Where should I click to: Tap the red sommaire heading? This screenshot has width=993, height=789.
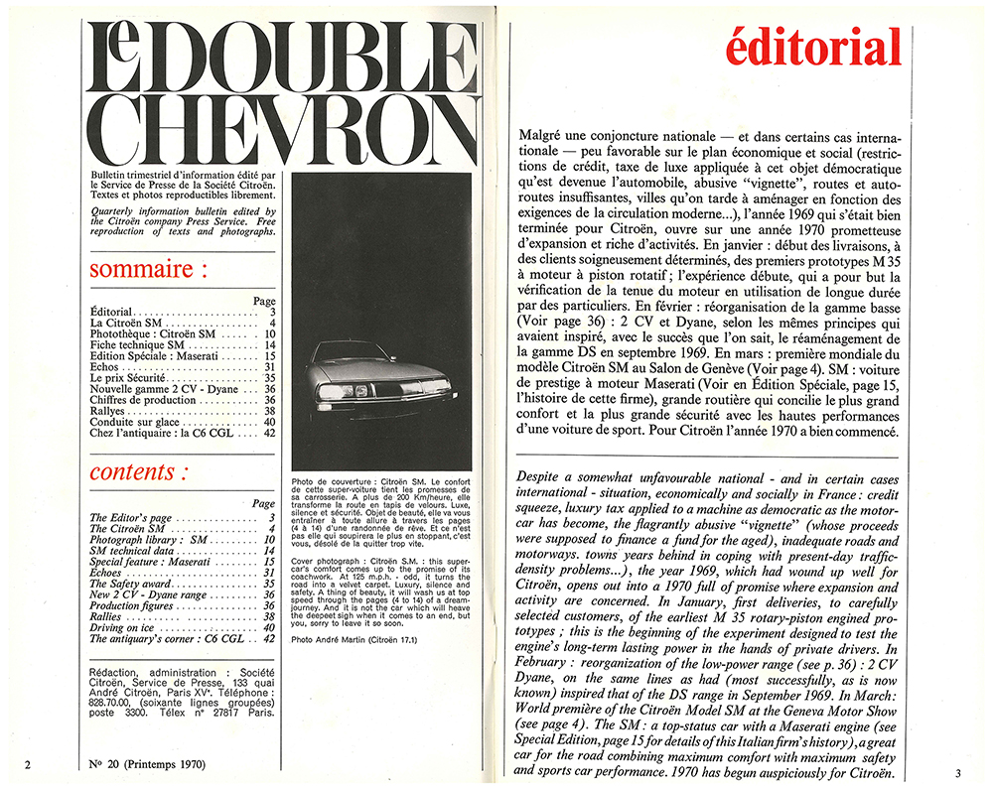pyautogui.click(x=149, y=269)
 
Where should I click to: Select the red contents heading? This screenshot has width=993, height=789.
pyautogui.click(x=138, y=472)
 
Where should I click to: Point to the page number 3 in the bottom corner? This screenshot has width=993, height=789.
pyautogui.click(x=958, y=771)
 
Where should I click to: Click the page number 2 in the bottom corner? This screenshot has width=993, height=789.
pyautogui.click(x=29, y=764)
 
